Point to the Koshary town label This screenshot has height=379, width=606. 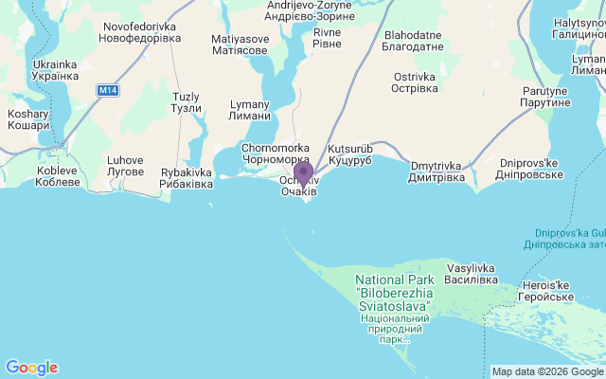pos(27,119)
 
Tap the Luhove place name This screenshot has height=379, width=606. pos(125,165)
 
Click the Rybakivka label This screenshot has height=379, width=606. pos(187,178)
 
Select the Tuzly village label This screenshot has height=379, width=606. pos(187,102)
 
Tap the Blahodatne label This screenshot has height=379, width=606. pos(408,40)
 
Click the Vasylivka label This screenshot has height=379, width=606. pos(472,274)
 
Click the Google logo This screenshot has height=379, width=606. pos(31,368)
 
